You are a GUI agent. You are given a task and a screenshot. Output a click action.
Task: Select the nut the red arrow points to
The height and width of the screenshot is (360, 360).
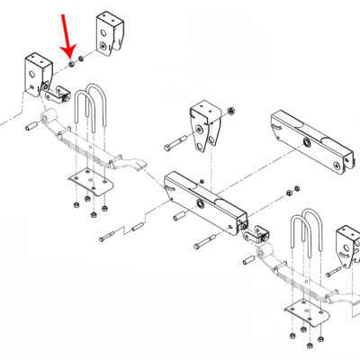point(72,63)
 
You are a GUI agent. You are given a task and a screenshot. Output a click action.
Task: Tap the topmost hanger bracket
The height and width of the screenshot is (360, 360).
point(112,34)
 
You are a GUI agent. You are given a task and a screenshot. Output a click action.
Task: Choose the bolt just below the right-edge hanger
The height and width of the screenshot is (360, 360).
point(336,270)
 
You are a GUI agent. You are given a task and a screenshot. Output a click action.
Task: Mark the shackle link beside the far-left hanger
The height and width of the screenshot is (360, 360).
point(60,92)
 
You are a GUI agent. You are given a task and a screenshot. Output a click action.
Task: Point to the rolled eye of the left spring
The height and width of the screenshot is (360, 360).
point(51,117)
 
